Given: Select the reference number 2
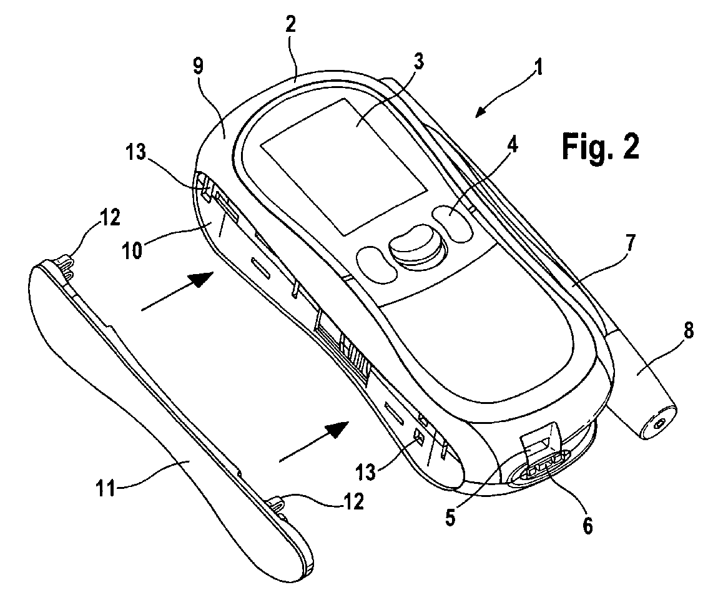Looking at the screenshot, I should (292, 26).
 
